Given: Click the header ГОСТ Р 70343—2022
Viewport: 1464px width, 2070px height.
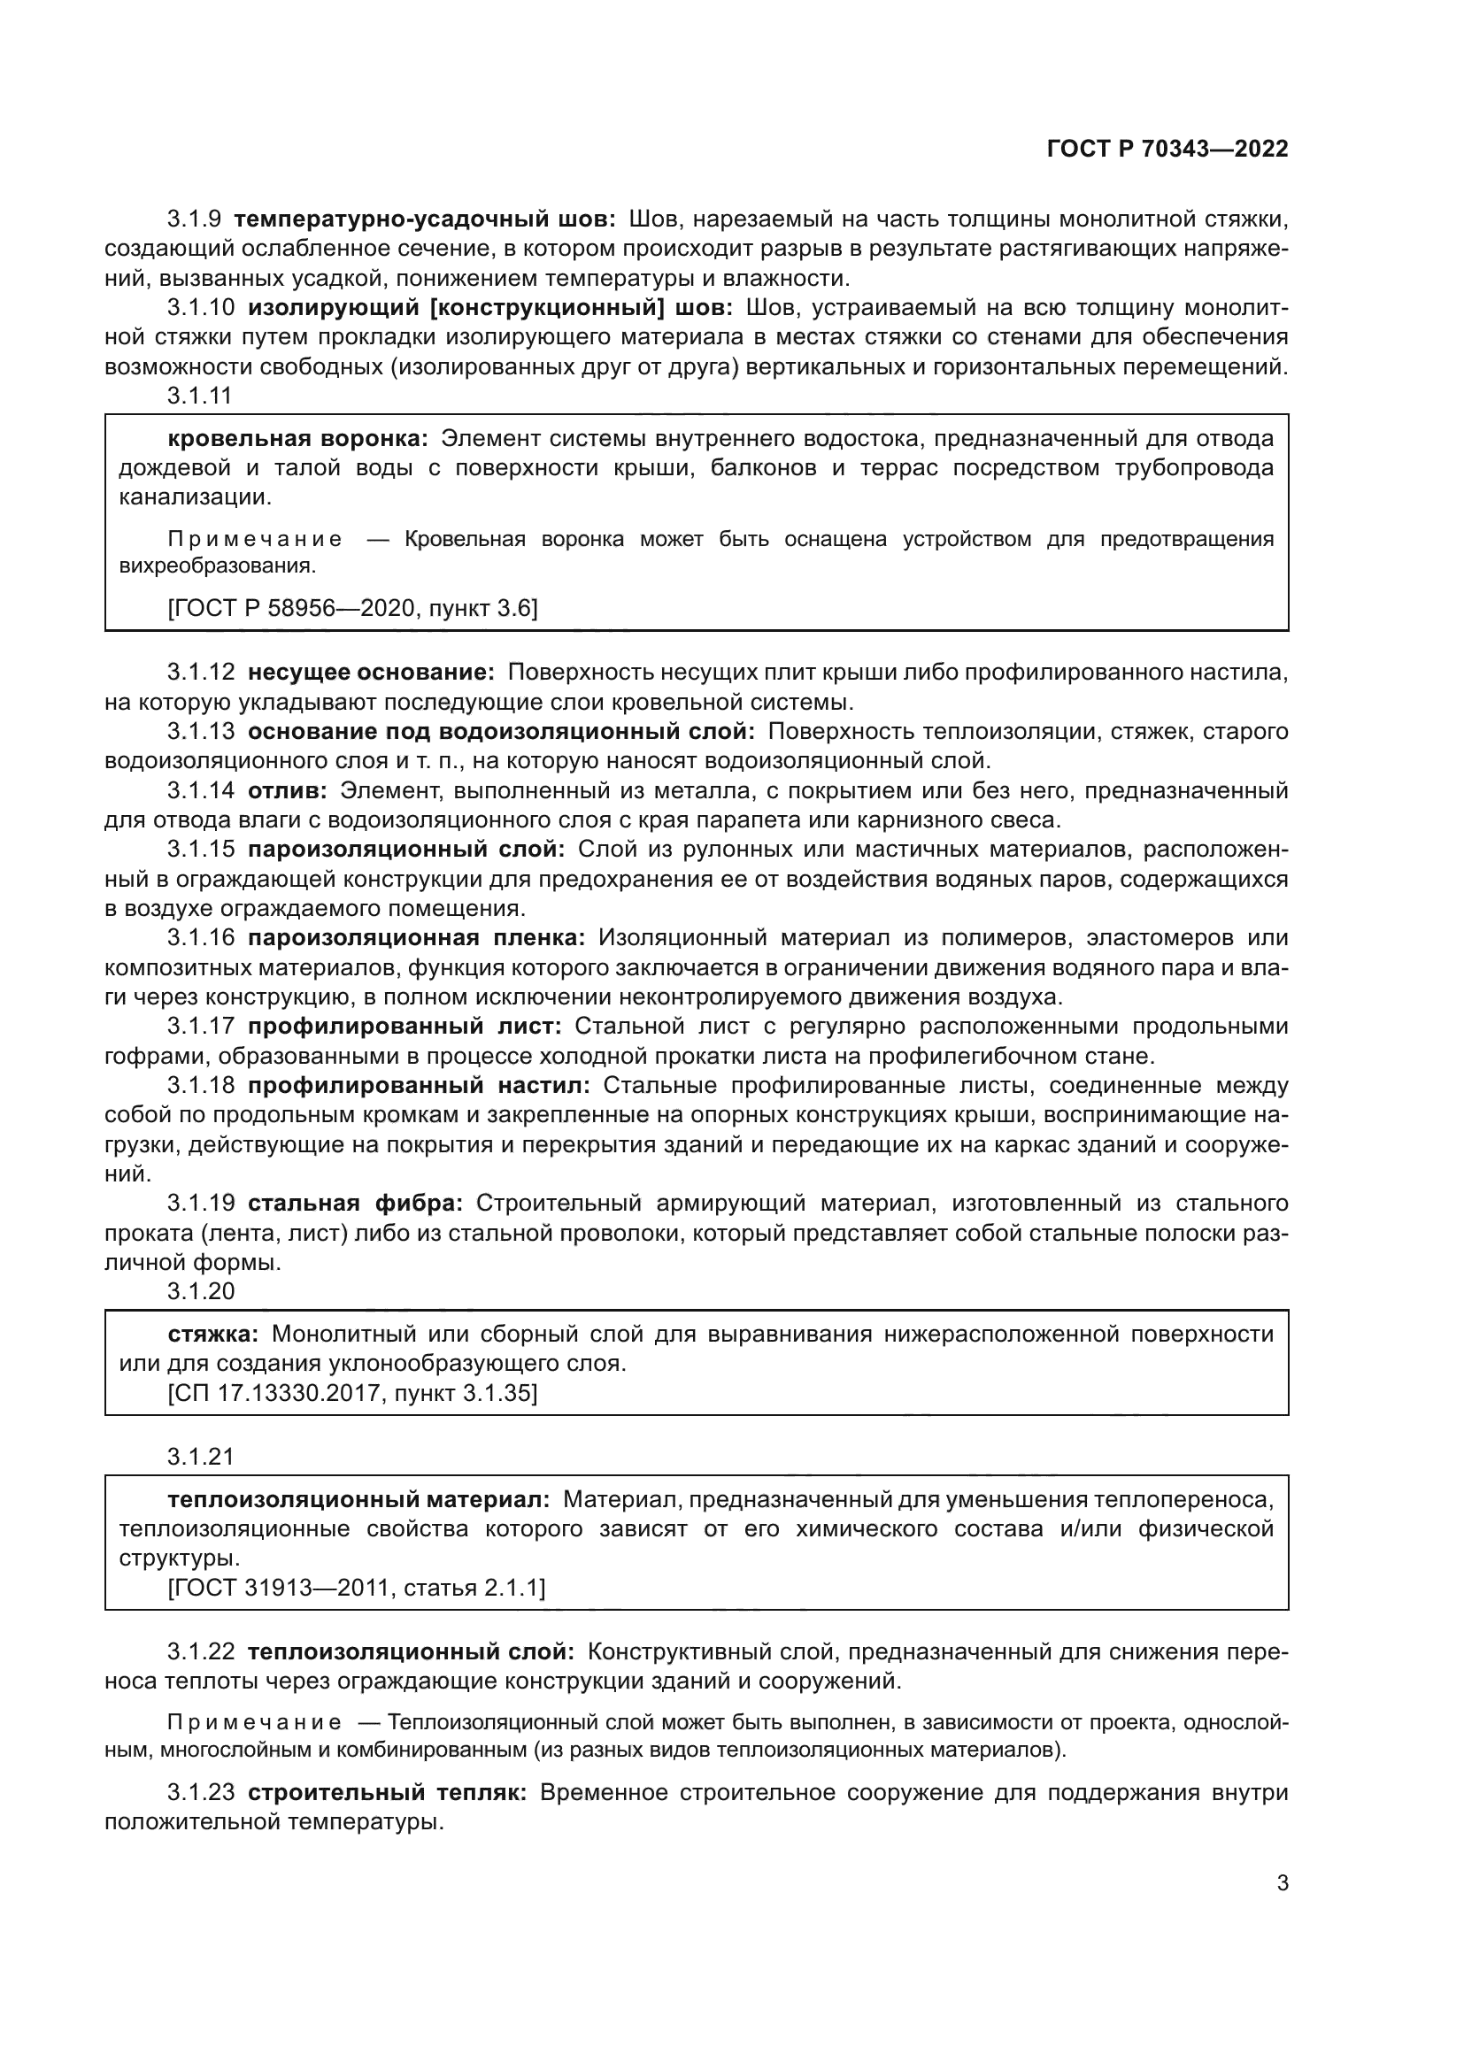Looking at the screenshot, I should tap(1167, 149).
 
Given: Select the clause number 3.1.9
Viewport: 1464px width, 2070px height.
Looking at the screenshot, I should tap(194, 219).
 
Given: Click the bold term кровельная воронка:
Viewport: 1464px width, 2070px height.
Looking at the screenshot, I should tap(298, 439).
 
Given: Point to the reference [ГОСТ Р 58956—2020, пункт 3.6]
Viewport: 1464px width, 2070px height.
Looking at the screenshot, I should tap(352, 609).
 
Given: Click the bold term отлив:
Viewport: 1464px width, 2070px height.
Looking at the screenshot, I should tap(288, 790).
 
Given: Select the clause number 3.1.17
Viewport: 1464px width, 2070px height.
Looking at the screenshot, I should tap(200, 1026).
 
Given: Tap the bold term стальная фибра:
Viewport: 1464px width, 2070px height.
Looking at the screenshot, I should tap(355, 1203).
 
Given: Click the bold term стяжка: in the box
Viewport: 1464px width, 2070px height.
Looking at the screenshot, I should tap(212, 1334).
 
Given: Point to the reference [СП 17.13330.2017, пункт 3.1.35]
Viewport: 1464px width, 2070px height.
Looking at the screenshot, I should tap(352, 1393).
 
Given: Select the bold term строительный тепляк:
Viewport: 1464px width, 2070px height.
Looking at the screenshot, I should tap(387, 1792).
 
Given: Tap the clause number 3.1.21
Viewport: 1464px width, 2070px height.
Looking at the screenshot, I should tap(200, 1456).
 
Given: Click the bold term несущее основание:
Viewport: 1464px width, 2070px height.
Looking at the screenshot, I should tap(372, 673).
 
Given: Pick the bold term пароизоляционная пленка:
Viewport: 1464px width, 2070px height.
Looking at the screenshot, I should tap(417, 937).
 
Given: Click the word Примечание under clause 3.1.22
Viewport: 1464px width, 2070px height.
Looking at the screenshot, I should tap(254, 1723).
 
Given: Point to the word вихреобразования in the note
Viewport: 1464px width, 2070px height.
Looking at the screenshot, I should tap(216, 566).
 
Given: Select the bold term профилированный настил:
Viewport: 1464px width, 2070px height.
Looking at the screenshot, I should tap(420, 1085).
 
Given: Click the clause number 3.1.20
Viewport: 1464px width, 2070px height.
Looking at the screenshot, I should tap(200, 1291).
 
